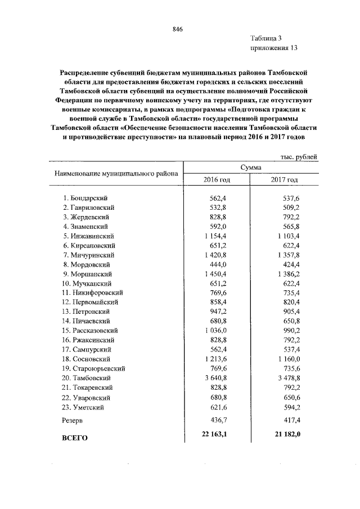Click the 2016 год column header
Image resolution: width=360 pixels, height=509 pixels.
click(x=217, y=179)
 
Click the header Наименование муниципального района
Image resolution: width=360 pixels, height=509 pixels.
click(x=116, y=173)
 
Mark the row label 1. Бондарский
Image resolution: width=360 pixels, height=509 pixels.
click(x=85, y=197)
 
